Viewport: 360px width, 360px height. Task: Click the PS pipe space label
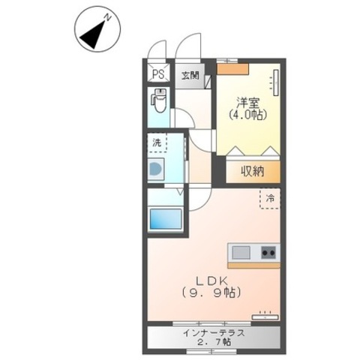point(158,74)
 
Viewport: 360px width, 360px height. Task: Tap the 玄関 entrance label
point(190,75)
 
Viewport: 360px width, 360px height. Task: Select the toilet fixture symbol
point(158,100)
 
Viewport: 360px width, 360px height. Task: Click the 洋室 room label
point(248,103)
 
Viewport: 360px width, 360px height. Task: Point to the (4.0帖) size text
point(248,115)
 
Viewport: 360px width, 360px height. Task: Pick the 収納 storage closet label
point(253,172)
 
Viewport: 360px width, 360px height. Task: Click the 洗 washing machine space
point(157,142)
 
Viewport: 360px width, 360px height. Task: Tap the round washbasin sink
point(155,169)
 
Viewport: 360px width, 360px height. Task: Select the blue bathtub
point(166,219)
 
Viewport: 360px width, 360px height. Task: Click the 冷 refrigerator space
point(270,199)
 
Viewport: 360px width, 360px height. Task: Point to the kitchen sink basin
point(241,253)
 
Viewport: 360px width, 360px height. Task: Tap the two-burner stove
point(268,253)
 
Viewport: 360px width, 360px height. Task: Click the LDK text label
point(211,280)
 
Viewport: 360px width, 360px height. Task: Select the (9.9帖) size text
point(211,292)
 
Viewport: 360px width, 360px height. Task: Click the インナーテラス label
point(214,333)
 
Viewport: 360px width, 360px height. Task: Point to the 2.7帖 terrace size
point(214,342)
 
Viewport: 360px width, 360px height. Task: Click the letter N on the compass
point(107,17)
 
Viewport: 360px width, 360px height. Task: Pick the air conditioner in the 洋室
point(275,82)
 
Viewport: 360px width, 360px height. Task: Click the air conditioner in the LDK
point(265,316)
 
